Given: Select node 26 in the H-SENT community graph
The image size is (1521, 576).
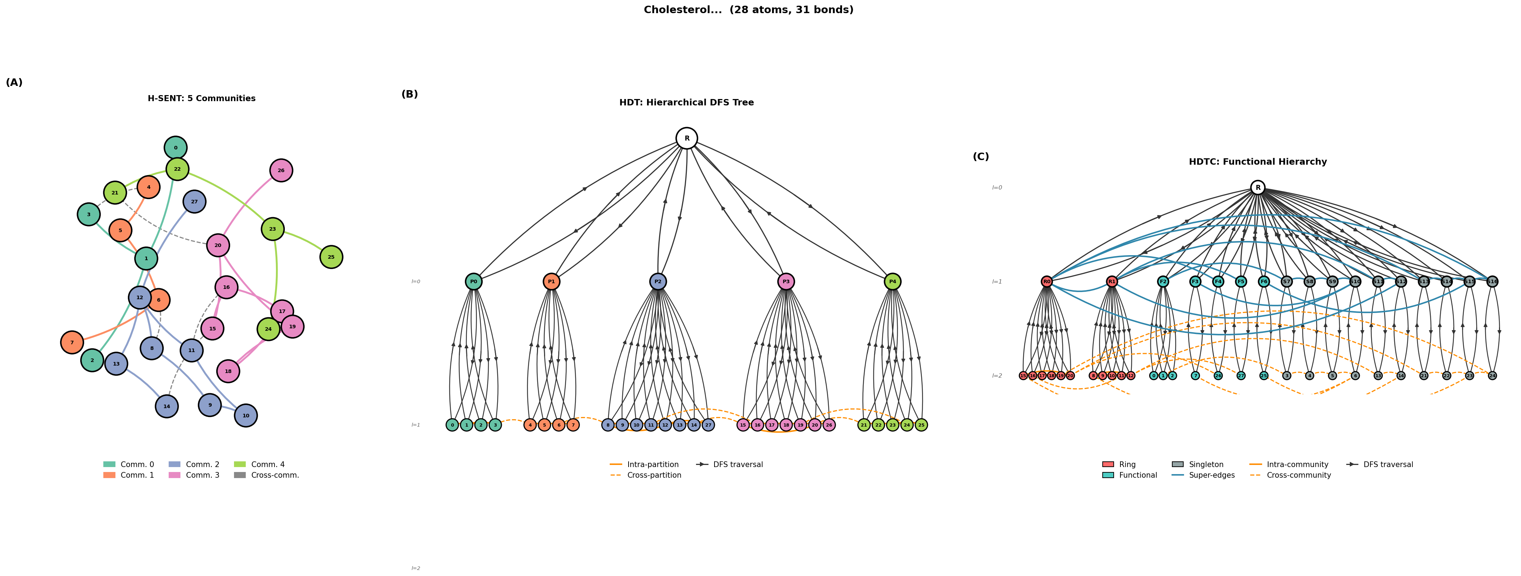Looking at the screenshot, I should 281,171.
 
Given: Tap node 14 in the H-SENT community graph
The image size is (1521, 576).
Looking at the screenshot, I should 167,406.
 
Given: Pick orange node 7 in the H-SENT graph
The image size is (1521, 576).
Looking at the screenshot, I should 72,342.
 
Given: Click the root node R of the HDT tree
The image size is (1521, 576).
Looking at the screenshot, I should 687,138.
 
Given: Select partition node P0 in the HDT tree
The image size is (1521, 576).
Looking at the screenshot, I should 473,281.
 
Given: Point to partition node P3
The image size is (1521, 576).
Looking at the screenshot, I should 786,281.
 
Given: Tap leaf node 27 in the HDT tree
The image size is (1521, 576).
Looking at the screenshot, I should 708,425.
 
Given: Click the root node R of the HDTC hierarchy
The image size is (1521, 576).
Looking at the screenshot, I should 1257,188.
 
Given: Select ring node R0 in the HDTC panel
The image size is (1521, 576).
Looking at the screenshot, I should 1047,281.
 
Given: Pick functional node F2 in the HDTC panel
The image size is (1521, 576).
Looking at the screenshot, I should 1163,281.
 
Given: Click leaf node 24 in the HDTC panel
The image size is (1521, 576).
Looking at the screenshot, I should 1492,375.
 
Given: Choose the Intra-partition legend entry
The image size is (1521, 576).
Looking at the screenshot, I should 652,465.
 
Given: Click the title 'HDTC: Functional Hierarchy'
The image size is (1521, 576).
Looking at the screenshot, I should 1257,162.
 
